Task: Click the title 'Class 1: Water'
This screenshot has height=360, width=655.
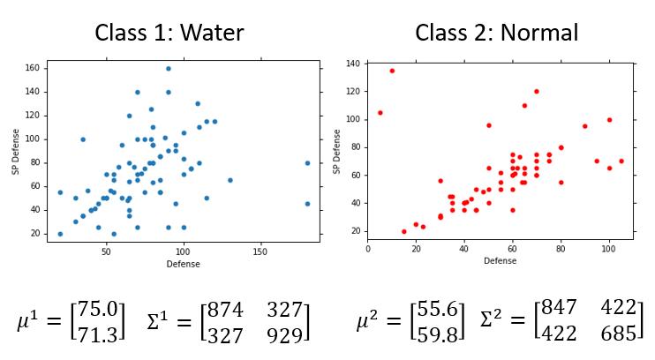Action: [x=169, y=34]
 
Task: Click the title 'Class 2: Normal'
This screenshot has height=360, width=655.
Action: [x=497, y=34]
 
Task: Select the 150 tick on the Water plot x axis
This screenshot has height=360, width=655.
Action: [x=260, y=251]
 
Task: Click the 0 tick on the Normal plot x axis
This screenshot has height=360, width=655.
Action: [x=368, y=248]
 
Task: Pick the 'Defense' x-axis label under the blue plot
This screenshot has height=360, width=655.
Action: [x=183, y=263]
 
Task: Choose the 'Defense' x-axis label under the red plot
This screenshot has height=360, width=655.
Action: [x=500, y=260]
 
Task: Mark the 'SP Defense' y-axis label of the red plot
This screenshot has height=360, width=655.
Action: [x=336, y=151]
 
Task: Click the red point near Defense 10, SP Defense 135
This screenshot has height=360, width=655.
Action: [x=392, y=71]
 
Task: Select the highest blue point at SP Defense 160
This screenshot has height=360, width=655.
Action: [x=169, y=68]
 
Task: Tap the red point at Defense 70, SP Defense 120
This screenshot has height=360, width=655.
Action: [x=536, y=91]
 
